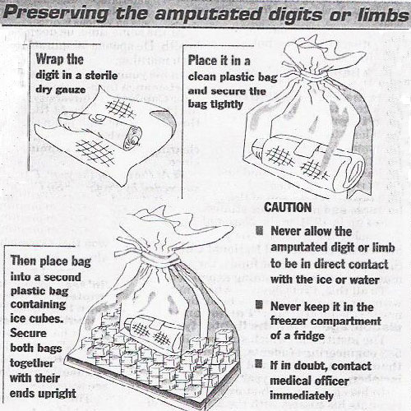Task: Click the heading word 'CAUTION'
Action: [x=289, y=208]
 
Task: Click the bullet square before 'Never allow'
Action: [x=262, y=232]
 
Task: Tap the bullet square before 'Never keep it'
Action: [x=262, y=306]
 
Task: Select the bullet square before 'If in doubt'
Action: [x=262, y=363]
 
